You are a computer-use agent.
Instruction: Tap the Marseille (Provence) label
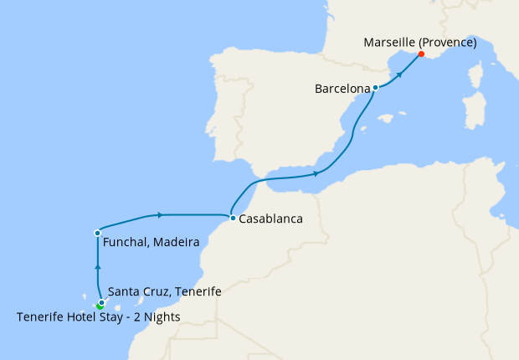click(420, 43)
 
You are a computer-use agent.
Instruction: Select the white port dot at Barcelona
click(375, 87)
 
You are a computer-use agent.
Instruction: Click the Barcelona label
click(343, 87)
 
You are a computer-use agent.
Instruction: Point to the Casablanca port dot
click(232, 219)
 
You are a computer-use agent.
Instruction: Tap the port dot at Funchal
click(98, 232)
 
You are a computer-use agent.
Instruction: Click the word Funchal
click(126, 244)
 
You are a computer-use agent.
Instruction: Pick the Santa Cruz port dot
click(101, 302)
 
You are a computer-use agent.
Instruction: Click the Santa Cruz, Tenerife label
click(165, 291)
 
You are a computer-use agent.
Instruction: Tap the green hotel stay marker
click(100, 306)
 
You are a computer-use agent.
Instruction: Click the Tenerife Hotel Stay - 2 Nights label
click(98, 316)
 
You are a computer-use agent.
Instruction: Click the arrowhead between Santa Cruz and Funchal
click(98, 266)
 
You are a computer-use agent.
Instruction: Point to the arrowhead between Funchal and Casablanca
click(158, 214)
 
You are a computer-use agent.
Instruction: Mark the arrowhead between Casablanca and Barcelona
click(316, 173)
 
